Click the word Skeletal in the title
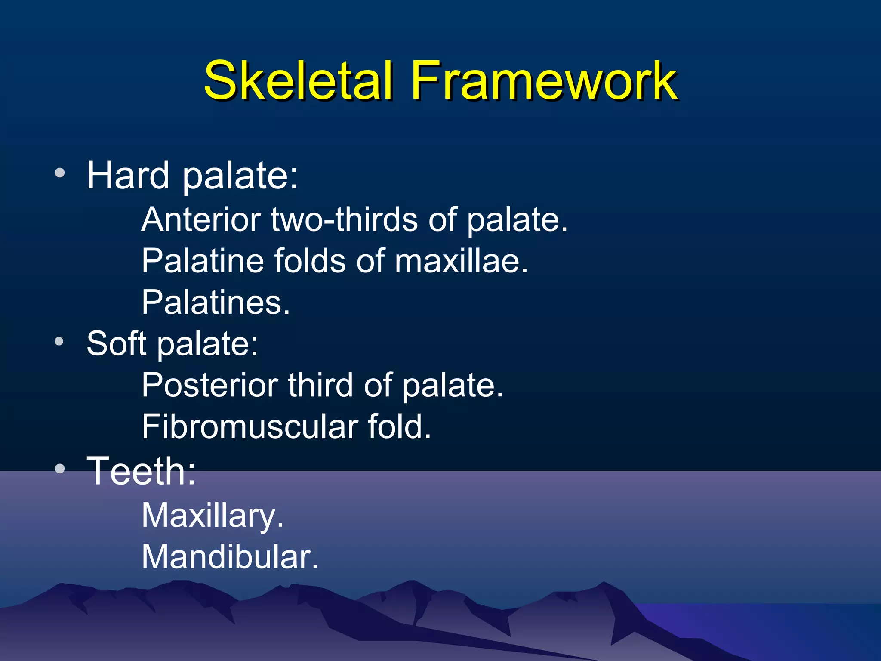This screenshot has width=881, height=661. pyautogui.click(x=298, y=80)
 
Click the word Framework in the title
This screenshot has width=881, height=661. pyautogui.click(x=544, y=80)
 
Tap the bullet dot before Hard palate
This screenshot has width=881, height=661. pyautogui.click(x=60, y=173)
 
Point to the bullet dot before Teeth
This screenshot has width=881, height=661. pyautogui.click(x=60, y=469)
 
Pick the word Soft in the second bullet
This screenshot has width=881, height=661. pyautogui.click(x=117, y=343)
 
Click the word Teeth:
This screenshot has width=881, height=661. pyautogui.click(x=142, y=471)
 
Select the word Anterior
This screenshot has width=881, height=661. pyautogui.click(x=201, y=219)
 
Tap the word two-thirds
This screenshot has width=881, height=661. pyautogui.click(x=345, y=219)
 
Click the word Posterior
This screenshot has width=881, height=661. pyautogui.click(x=209, y=385)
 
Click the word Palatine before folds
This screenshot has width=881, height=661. pyautogui.click(x=202, y=261)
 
